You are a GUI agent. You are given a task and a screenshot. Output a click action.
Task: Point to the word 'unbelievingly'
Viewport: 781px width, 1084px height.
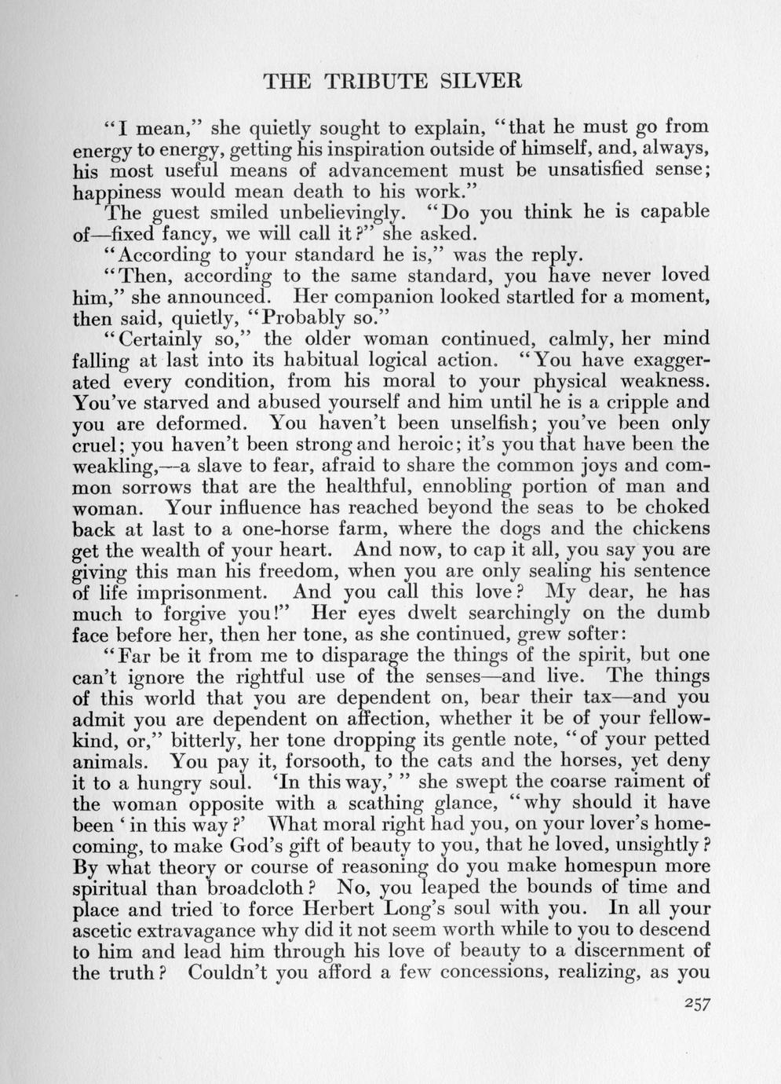[340, 212]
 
